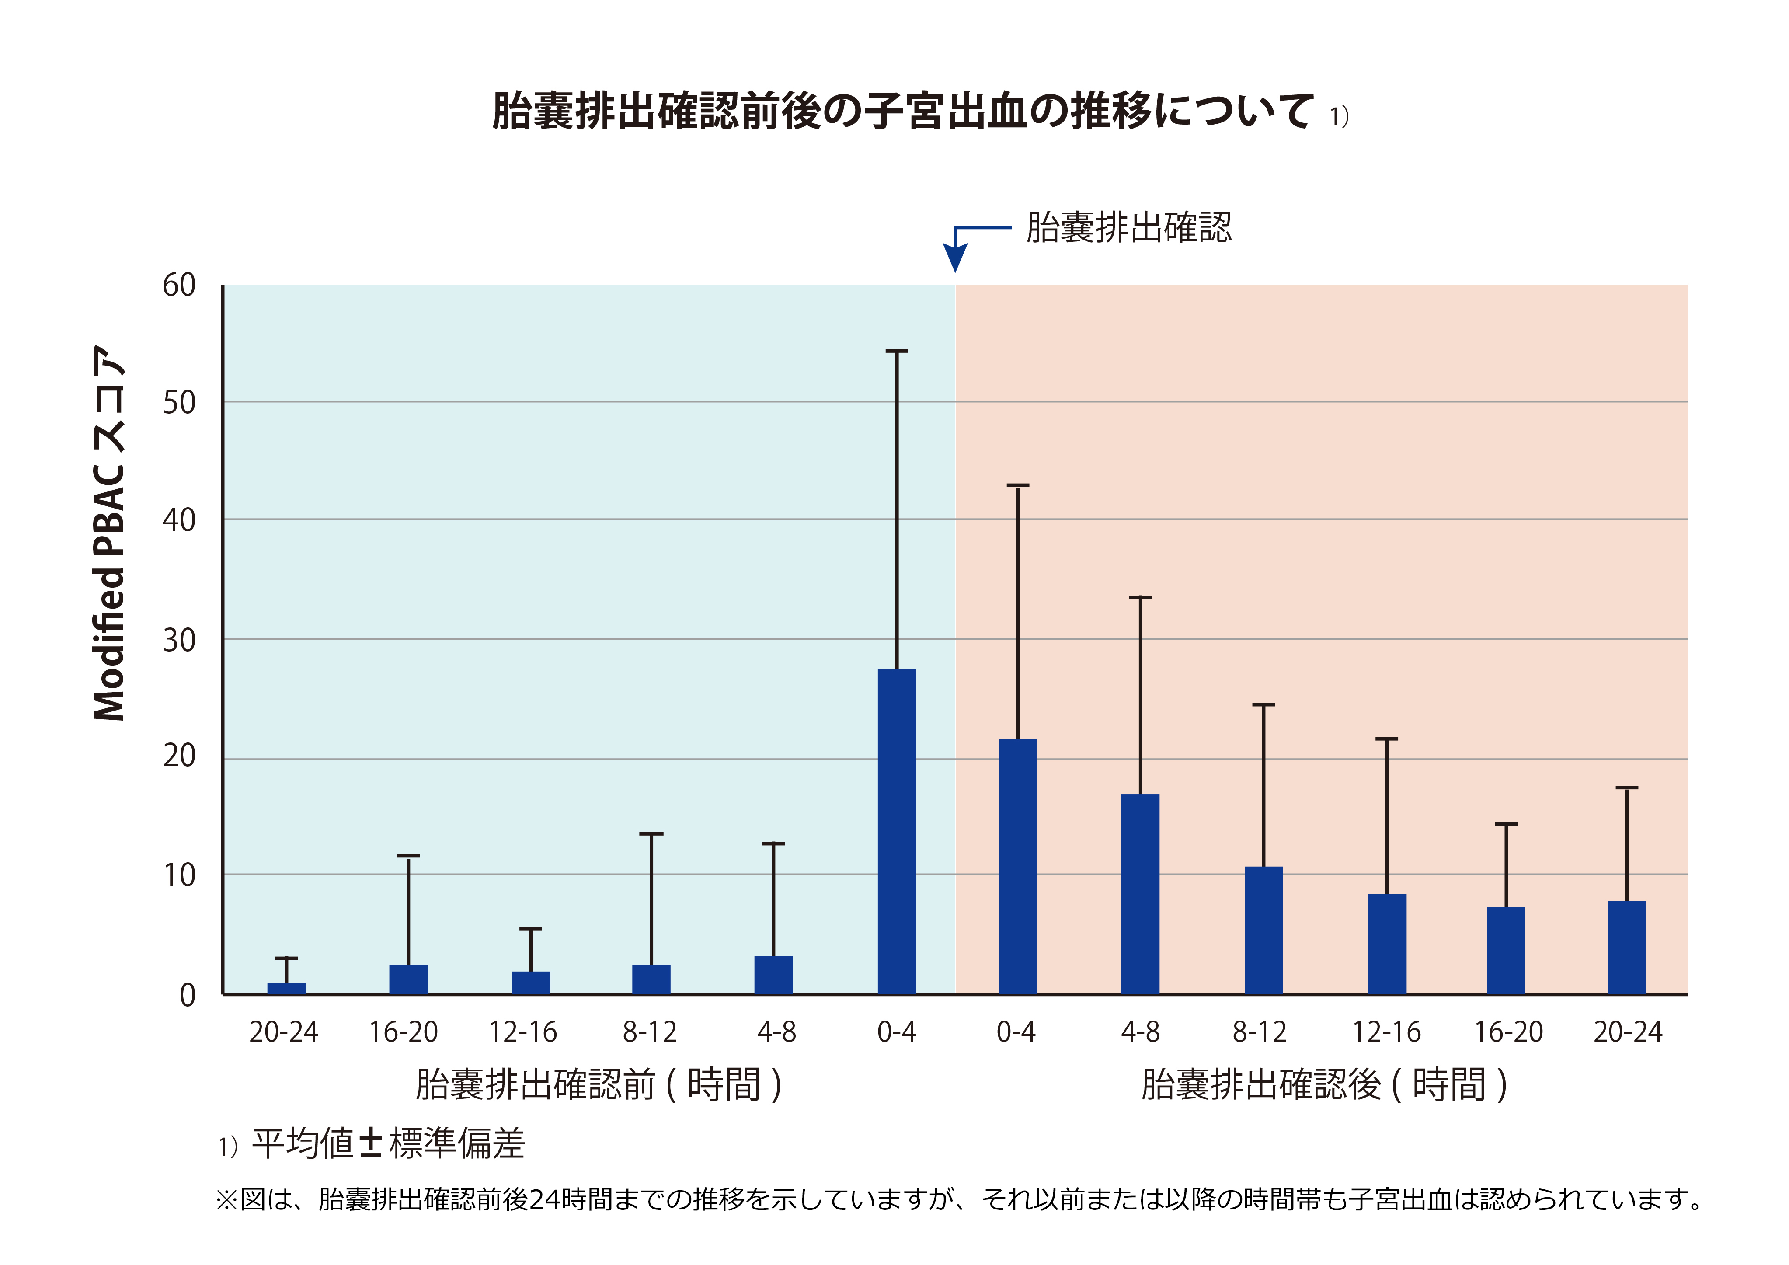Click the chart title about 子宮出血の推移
click(x=904, y=111)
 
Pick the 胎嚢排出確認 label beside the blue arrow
click(x=1128, y=227)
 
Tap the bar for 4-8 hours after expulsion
click(x=1140, y=894)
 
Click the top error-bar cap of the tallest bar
click(x=897, y=352)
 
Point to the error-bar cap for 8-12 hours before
click(x=651, y=834)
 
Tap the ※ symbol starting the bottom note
click(x=226, y=1199)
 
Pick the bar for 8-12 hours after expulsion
click(x=1263, y=930)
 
